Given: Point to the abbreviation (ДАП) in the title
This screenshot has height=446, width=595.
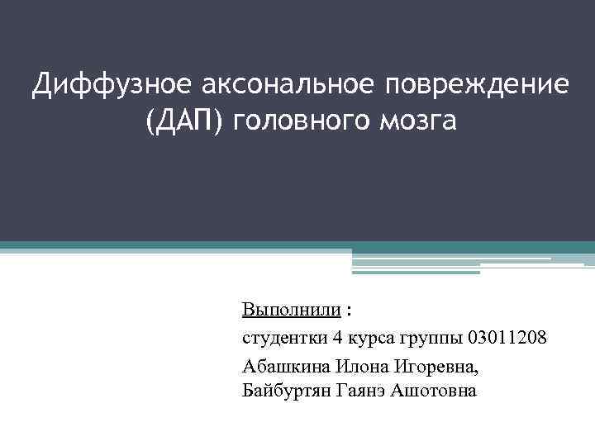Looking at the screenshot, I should pyautogui.click(x=185, y=121).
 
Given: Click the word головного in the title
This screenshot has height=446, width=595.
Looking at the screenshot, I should pyautogui.click(x=305, y=121).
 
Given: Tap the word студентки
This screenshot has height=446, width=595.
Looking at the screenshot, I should pyautogui.click(x=284, y=338).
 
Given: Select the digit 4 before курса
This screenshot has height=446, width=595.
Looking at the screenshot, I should pyautogui.click(x=337, y=338).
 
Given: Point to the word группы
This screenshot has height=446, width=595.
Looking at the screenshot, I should pyautogui.click(x=431, y=338).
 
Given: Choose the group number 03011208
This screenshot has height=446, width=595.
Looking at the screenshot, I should pyautogui.click(x=506, y=338).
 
